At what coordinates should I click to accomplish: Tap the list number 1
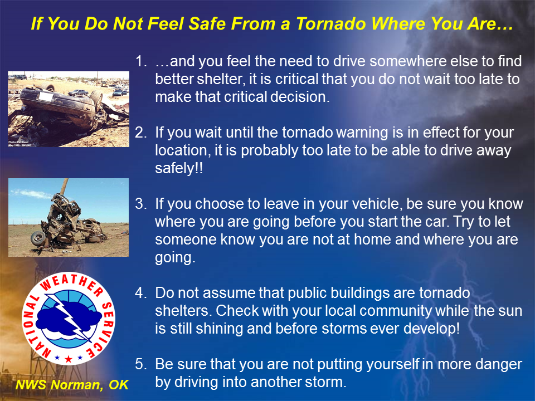click(x=141, y=61)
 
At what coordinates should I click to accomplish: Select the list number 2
click(x=141, y=133)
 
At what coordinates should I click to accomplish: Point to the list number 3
click(x=141, y=204)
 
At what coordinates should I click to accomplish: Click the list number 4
click(x=141, y=293)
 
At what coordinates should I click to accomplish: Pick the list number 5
click(x=141, y=364)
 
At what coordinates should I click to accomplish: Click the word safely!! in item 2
click(x=179, y=168)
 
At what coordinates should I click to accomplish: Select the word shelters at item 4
click(x=183, y=311)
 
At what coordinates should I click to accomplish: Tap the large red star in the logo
click(x=69, y=359)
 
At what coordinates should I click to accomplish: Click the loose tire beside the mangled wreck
click(x=38, y=238)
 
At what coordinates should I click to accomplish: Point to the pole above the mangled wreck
click(x=64, y=187)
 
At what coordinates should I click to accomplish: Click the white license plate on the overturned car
click(x=46, y=96)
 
